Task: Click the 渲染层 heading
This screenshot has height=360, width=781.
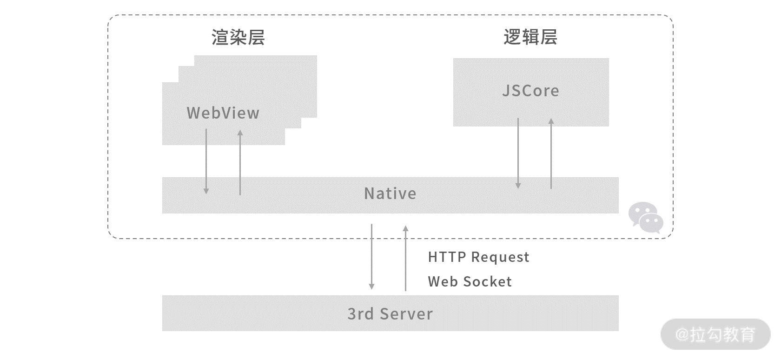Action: [238, 38]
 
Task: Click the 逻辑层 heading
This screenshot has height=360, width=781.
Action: [530, 37]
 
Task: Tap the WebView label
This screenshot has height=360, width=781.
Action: [223, 113]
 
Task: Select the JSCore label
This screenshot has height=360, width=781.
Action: [530, 91]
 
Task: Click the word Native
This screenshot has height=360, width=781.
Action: [390, 193]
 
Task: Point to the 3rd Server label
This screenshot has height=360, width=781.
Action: [390, 314]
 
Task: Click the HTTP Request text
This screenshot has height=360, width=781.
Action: [478, 257]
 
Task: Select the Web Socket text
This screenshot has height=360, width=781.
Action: [470, 282]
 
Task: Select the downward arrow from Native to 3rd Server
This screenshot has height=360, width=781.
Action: [371, 256]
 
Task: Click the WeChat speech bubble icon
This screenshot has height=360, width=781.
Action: [646, 217]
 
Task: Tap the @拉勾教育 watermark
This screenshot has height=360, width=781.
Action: [715, 334]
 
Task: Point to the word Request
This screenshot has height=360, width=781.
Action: [500, 258]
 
